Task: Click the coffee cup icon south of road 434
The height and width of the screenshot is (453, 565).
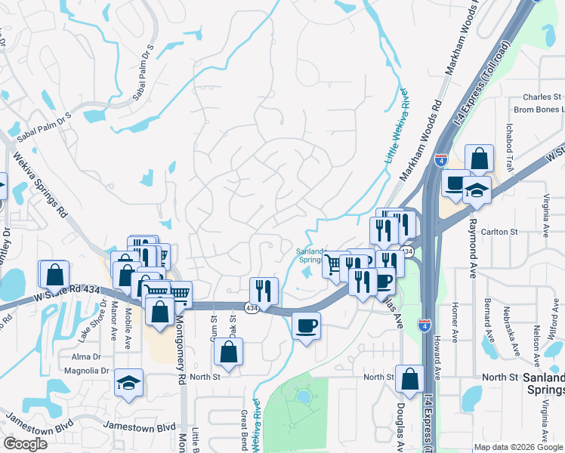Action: (x=306, y=327)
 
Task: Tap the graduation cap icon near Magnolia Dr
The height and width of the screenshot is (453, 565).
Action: (x=129, y=382)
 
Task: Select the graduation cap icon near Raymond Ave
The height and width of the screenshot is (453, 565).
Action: (x=477, y=190)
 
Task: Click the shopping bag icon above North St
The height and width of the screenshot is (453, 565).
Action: (x=228, y=351)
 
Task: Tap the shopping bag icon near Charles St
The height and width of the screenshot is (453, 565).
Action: (x=479, y=159)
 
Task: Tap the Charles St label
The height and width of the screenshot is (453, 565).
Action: (x=542, y=97)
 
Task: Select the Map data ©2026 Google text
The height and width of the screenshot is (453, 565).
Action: (x=518, y=447)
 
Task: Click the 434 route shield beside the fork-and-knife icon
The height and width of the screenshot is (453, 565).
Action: (x=250, y=307)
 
